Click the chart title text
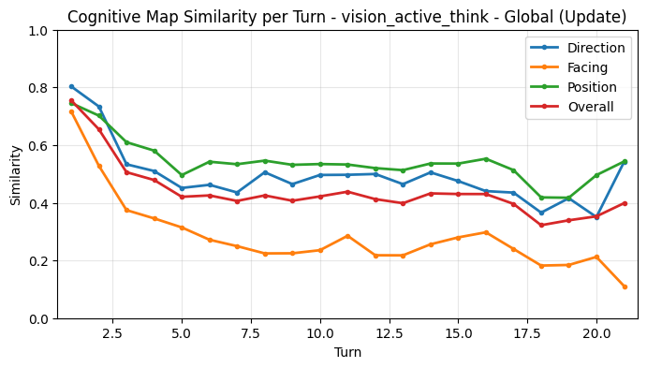tap(346, 17)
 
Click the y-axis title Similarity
tap(16, 174)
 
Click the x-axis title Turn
tap(346, 353)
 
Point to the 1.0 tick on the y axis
tap(37, 31)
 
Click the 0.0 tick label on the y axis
tap(37, 319)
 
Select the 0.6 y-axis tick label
tap(37, 146)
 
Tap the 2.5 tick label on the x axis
tap(112, 332)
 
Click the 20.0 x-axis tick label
tap(596, 332)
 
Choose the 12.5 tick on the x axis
tap(390, 332)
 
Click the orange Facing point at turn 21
tap(625, 287)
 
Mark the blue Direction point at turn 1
tap(71, 86)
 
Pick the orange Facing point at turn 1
tap(71, 111)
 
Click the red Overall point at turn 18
tap(541, 225)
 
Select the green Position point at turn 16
tap(486, 159)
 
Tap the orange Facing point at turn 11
tap(347, 236)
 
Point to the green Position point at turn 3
tap(126, 142)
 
